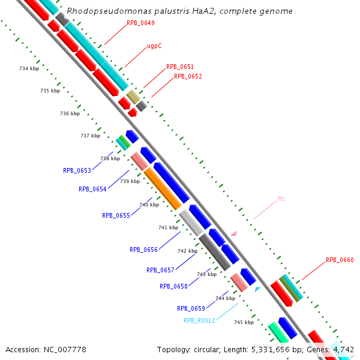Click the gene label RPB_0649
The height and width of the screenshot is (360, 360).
click(x=140, y=23)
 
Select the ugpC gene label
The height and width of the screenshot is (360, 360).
click(x=154, y=46)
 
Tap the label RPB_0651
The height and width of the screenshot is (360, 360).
click(x=180, y=67)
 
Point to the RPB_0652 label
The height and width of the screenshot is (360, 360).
click(x=188, y=77)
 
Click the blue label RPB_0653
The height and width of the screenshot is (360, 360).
click(x=77, y=170)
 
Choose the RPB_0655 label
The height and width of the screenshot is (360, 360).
click(x=116, y=215)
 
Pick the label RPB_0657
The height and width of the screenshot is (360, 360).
click(x=160, y=271)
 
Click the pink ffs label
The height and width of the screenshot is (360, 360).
click(x=281, y=199)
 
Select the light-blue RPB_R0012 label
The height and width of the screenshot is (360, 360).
click(x=199, y=320)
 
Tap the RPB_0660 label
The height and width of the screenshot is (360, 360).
click(x=340, y=260)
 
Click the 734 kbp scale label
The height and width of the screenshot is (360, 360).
click(x=29, y=69)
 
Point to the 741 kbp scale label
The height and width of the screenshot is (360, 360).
click(x=168, y=228)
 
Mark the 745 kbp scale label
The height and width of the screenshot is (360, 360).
click(x=244, y=323)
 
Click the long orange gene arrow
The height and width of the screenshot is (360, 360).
click(x=162, y=188)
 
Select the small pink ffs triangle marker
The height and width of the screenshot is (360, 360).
click(x=234, y=233)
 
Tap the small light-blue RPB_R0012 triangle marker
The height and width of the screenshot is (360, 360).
click(x=257, y=289)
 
